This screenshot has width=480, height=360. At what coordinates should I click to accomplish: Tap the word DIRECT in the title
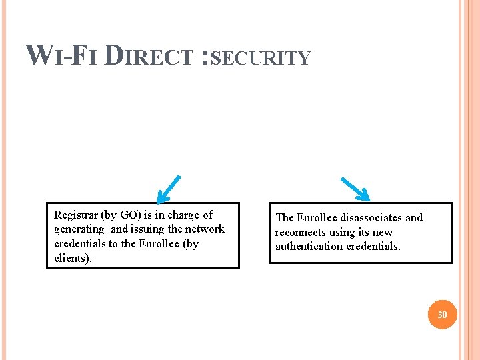150,55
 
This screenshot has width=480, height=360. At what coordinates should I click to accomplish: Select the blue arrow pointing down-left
168,189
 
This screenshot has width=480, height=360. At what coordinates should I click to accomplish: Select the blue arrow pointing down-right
355,189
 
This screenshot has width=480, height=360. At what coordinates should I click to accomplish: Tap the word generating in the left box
79,229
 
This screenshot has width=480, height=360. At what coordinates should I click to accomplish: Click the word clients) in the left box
73,257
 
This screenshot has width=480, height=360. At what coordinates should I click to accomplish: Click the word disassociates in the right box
371,217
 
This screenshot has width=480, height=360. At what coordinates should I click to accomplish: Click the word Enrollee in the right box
317,217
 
